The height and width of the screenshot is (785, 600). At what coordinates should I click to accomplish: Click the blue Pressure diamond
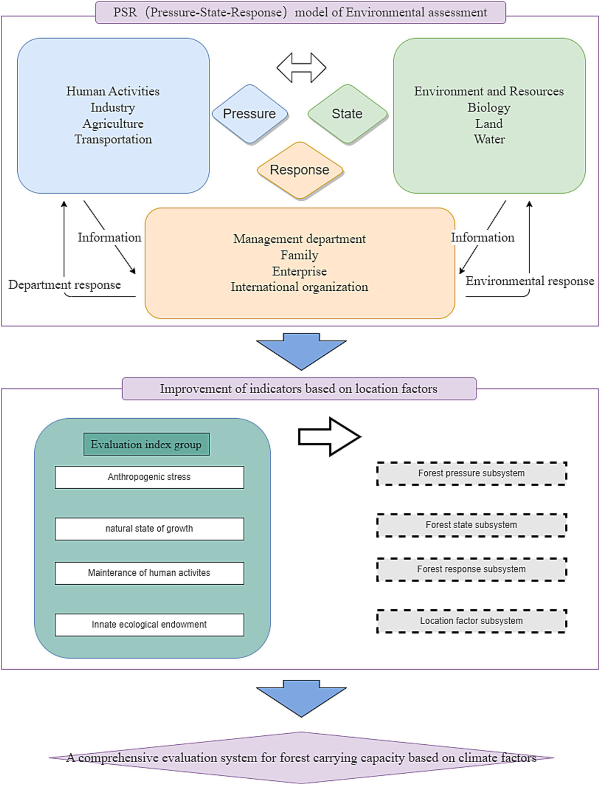click(x=249, y=114)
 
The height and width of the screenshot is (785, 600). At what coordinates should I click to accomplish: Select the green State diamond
click(x=347, y=114)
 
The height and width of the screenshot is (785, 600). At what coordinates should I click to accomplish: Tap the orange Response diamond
click(x=299, y=170)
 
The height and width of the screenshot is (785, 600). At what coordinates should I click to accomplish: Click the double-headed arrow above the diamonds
click(x=301, y=68)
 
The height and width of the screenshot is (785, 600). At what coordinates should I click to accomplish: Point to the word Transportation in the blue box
click(x=113, y=139)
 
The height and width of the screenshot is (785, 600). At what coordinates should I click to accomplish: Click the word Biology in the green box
click(x=489, y=107)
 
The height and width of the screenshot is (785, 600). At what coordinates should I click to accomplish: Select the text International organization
click(x=299, y=287)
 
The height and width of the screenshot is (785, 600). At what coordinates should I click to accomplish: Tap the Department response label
click(x=64, y=284)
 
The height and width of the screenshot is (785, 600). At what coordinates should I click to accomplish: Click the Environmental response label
click(x=530, y=281)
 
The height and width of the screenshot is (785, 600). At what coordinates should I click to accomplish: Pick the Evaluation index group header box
click(x=146, y=444)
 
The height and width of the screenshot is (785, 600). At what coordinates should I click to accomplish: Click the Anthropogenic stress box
click(x=149, y=477)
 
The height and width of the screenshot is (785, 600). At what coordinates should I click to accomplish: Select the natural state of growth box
click(x=149, y=529)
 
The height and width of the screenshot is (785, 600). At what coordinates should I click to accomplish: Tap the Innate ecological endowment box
click(x=149, y=625)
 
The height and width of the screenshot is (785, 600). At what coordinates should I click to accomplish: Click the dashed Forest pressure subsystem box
click(x=471, y=474)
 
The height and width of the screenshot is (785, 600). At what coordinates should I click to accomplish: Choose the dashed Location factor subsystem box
click(x=471, y=621)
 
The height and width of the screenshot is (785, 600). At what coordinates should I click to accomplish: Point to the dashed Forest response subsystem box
click(x=471, y=569)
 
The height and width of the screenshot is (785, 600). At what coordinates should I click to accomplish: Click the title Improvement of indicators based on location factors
click(x=299, y=389)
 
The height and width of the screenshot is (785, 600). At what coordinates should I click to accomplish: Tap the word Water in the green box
click(x=489, y=139)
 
